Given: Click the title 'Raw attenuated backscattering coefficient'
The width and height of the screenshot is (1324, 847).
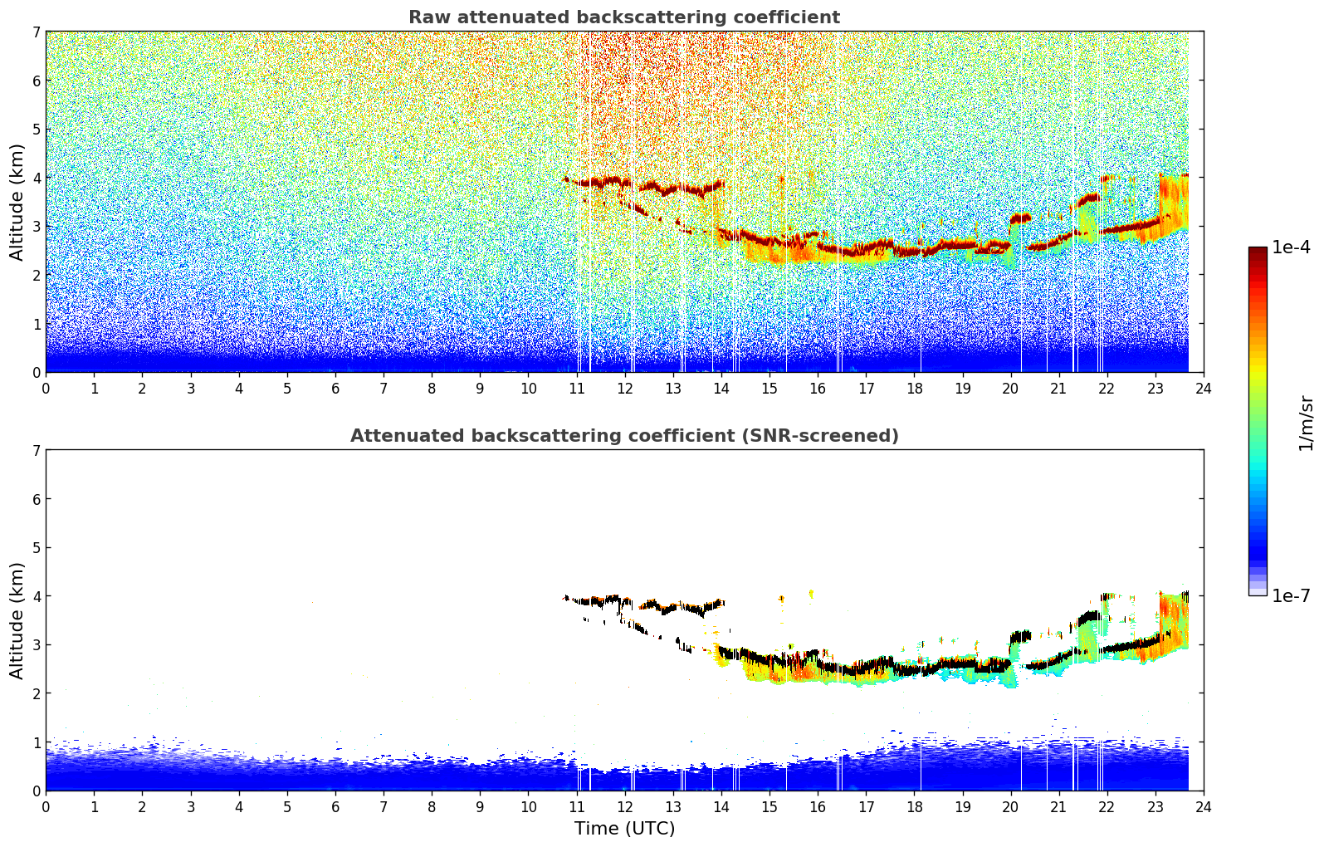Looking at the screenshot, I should tap(623, 17).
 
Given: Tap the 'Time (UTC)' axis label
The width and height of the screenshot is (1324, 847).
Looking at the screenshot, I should tap(624, 829).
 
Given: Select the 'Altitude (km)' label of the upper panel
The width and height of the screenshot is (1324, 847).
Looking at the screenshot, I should tap(17, 202).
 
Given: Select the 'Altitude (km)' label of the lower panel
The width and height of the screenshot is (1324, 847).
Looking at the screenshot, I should tap(17, 620).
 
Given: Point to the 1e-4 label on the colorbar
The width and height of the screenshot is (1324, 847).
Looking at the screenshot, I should tap(1291, 247).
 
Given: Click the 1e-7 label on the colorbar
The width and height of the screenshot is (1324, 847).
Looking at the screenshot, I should tap(1291, 595).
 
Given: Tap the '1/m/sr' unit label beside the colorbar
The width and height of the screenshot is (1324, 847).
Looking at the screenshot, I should tap(1306, 423).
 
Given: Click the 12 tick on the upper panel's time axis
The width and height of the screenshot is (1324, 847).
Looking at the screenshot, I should tap(624, 388).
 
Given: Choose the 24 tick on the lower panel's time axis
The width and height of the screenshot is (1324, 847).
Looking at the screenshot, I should tap(1203, 806).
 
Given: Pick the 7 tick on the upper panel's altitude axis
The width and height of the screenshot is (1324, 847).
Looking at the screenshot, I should tap(36, 32).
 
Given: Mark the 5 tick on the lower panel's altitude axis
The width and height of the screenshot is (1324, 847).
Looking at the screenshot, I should tap(36, 548).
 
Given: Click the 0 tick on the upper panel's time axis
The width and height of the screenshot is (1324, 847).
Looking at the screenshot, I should tap(46, 388).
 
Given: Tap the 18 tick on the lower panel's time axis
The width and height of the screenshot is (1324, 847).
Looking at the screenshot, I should tap(914, 806).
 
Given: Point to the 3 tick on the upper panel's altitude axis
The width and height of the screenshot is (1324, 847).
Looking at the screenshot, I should tap(36, 227).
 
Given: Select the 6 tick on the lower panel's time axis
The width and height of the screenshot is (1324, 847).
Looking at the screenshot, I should tap(335, 806).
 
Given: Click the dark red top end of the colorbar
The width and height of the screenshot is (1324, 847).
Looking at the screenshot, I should tap(1258, 251).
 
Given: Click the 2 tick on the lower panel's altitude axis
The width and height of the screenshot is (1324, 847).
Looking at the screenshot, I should tap(36, 693).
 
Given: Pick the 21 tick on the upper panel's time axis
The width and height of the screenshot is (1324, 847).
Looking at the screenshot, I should tap(1058, 388).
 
